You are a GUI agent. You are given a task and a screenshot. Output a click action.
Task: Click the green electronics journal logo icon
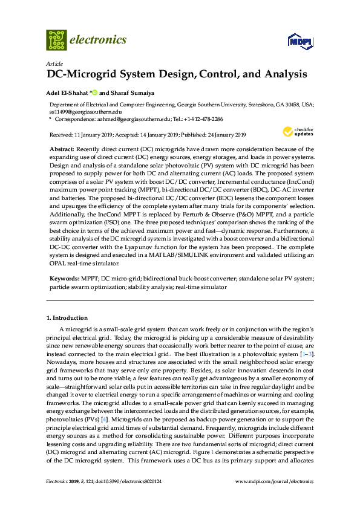click(x=56, y=40)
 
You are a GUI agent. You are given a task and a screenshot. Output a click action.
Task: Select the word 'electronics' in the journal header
click(x=99, y=40)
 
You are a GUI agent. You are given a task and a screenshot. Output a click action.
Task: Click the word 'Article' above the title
click(x=52, y=63)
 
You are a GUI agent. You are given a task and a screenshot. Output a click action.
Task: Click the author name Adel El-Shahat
click(x=67, y=93)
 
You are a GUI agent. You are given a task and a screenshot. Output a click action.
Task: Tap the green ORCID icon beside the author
click(x=94, y=93)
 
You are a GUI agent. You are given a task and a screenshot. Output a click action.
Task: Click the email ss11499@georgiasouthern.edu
click(x=85, y=112)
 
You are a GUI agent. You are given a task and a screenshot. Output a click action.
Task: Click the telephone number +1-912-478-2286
click(x=200, y=120)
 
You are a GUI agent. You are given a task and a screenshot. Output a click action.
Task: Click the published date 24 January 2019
click(x=217, y=134)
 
